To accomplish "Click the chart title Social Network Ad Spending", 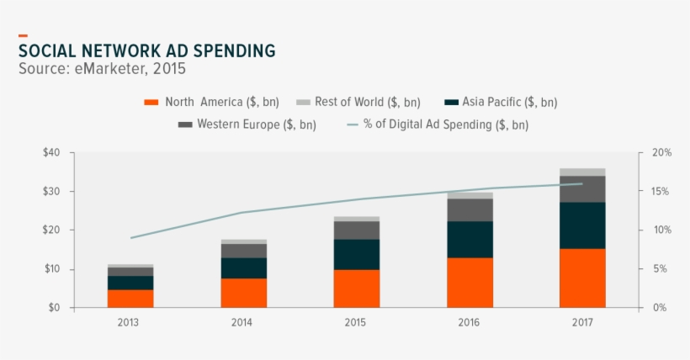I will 146,51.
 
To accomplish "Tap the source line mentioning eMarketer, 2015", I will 102,69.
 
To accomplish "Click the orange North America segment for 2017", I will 582,278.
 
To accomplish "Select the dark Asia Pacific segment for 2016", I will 470,239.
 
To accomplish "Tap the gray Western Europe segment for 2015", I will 357,230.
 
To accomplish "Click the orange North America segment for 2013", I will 130,299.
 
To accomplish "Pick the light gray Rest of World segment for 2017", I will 582,172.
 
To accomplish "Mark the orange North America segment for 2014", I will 243,293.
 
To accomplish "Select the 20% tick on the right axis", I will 661,153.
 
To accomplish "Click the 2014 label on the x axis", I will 243,323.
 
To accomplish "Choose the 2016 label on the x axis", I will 470,323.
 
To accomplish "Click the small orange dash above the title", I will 23,35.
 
